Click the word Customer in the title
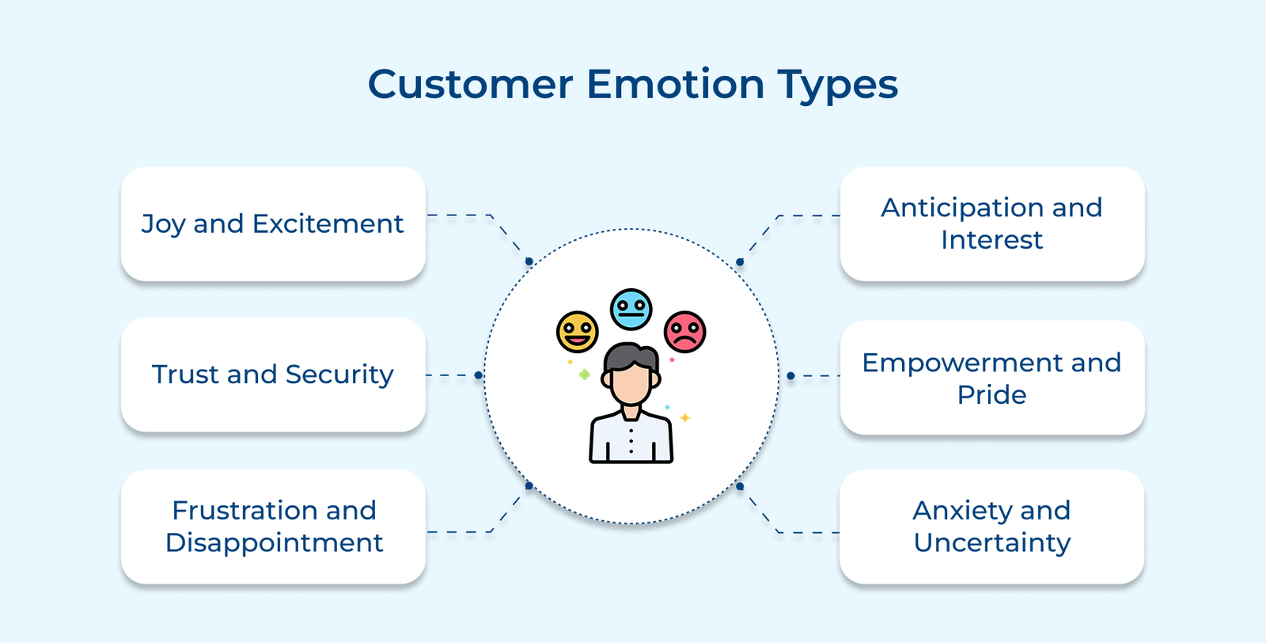click(470, 84)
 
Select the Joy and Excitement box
click(273, 223)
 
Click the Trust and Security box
click(273, 374)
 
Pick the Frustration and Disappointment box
click(273, 527)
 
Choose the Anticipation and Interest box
click(991, 223)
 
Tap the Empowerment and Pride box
click(991, 378)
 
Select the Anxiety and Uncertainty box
click(991, 527)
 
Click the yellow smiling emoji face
click(577, 332)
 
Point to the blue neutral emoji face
click(631, 309)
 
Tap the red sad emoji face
click(684, 332)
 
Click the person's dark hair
click(631, 356)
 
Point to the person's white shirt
click(631, 439)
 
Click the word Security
click(339, 375)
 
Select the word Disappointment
click(274, 543)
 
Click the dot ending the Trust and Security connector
click(479, 375)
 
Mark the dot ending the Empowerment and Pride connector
click(790, 375)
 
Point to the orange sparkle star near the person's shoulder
click(685, 417)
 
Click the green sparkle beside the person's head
click(584, 375)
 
